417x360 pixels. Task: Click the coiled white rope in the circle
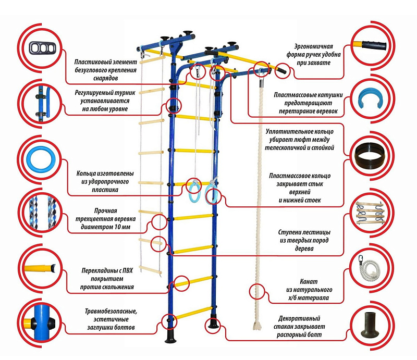point(370,268)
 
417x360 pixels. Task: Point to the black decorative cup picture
point(371,326)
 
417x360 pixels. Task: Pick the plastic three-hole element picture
point(40,47)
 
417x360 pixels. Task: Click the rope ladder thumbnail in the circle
point(371,214)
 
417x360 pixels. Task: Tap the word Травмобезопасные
point(111,311)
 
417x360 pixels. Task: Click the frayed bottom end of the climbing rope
point(256,326)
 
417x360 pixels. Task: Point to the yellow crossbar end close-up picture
point(40,269)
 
